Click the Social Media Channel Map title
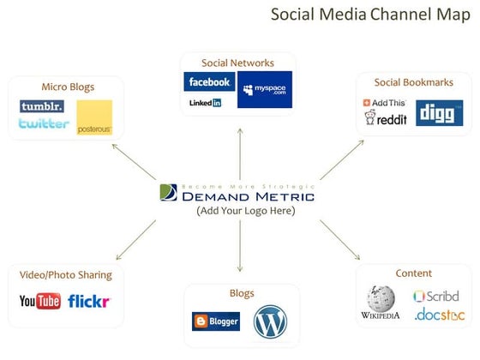pos(369,15)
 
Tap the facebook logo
pos(209,82)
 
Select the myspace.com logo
pos(265,89)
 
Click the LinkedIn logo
pos(205,103)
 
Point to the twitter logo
pos(44,123)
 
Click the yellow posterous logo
pos(94,118)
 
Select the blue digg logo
pos(440,112)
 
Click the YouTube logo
pos(40,301)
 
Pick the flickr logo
pos(89,302)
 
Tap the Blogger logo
pos(216,321)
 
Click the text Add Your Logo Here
pos(245,211)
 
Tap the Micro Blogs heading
pos(68,87)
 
